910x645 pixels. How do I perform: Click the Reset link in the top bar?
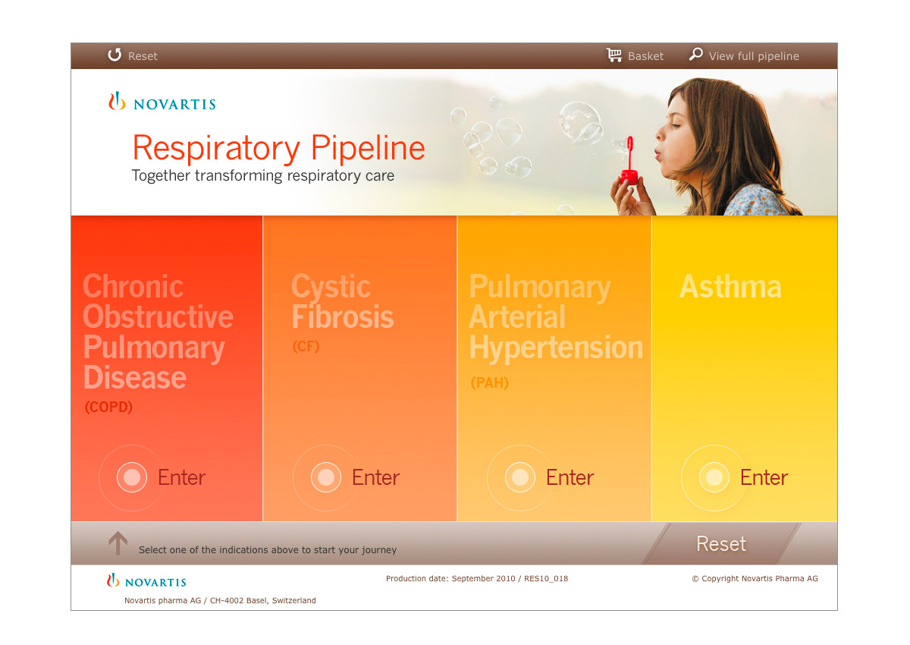pos(133,55)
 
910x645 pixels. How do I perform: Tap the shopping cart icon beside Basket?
pos(614,55)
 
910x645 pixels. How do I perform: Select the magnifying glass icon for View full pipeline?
pos(696,54)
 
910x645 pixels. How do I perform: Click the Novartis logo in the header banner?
pos(162,102)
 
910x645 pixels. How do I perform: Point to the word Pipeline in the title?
pos(368,148)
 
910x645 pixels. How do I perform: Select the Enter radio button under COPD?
pos(132,477)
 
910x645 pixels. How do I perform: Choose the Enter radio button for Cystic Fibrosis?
pos(326,477)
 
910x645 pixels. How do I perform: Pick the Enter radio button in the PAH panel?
pos(520,477)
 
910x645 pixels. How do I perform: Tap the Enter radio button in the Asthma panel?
pos(714,477)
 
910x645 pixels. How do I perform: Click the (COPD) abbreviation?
pos(108,407)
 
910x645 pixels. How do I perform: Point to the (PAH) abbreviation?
pos(490,382)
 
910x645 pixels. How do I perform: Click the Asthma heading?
pos(730,287)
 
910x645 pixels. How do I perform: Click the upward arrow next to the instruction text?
pos(118,543)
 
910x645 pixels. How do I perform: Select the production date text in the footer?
pos(477,578)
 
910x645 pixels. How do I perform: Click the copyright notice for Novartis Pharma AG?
pos(755,578)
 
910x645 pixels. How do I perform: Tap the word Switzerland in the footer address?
pos(293,600)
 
